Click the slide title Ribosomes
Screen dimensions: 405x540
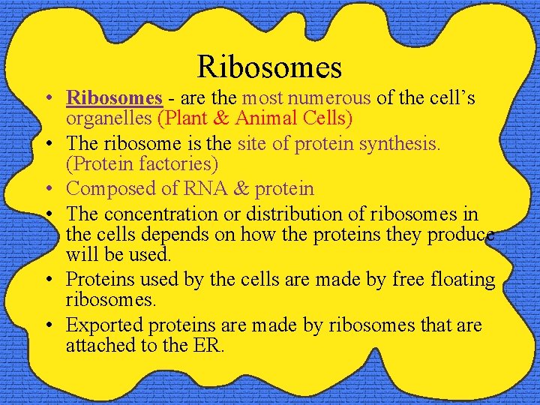point(269,67)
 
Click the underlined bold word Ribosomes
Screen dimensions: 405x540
point(114,98)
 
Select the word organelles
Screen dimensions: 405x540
point(109,118)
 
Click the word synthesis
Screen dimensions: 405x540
point(403,143)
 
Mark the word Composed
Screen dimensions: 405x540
point(112,189)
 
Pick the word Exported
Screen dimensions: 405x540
point(105,325)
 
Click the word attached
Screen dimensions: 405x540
point(100,346)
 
